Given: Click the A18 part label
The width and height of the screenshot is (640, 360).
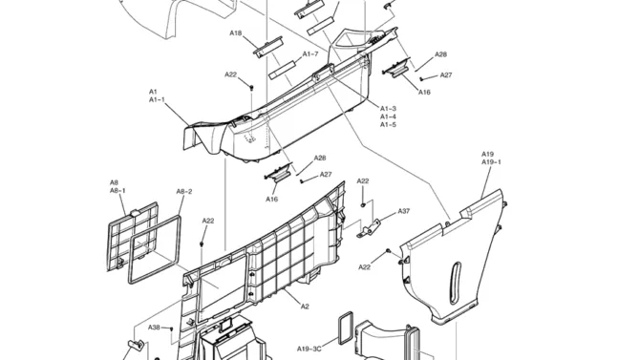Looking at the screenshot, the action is tap(236, 33).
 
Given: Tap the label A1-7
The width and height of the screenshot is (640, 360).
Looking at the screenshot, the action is tap(310, 54).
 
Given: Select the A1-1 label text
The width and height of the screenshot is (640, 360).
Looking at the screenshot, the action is tap(157, 100).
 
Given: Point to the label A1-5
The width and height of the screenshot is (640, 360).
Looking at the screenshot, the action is tap(388, 125).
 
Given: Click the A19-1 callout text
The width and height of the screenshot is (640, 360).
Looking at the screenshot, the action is tap(491, 162).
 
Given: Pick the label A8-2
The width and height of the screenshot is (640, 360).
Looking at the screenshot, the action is tap(184, 191).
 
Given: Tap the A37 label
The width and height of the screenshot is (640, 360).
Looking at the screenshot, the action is tap(404, 211).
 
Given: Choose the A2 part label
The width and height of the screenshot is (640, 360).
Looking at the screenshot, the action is tap(305, 307).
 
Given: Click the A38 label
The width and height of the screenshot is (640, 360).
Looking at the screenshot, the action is tap(154, 328).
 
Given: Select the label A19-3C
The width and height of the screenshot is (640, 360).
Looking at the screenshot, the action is tap(309, 349).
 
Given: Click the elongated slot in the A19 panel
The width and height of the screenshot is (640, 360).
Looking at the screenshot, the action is tap(455, 283).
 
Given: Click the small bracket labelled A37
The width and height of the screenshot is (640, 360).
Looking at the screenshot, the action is tap(369, 229).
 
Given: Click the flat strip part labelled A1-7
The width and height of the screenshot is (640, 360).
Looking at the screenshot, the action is tap(282, 70).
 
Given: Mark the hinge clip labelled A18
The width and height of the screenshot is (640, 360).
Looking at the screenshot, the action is tap(268, 48).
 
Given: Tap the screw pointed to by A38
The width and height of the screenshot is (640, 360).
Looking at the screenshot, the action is tap(172, 328).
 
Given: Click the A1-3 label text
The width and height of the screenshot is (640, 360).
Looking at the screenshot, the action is tap(388, 109).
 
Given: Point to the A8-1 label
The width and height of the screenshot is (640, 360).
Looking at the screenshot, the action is tap(117, 191).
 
